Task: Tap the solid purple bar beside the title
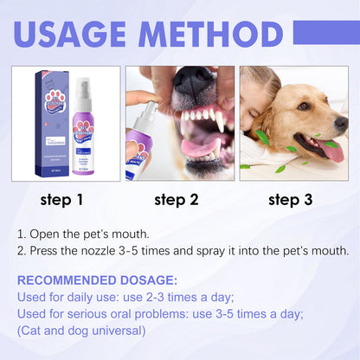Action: coord(326,32)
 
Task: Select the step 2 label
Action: coord(177,200)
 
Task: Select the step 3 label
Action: coord(291,200)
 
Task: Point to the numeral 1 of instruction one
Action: coord(21,235)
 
